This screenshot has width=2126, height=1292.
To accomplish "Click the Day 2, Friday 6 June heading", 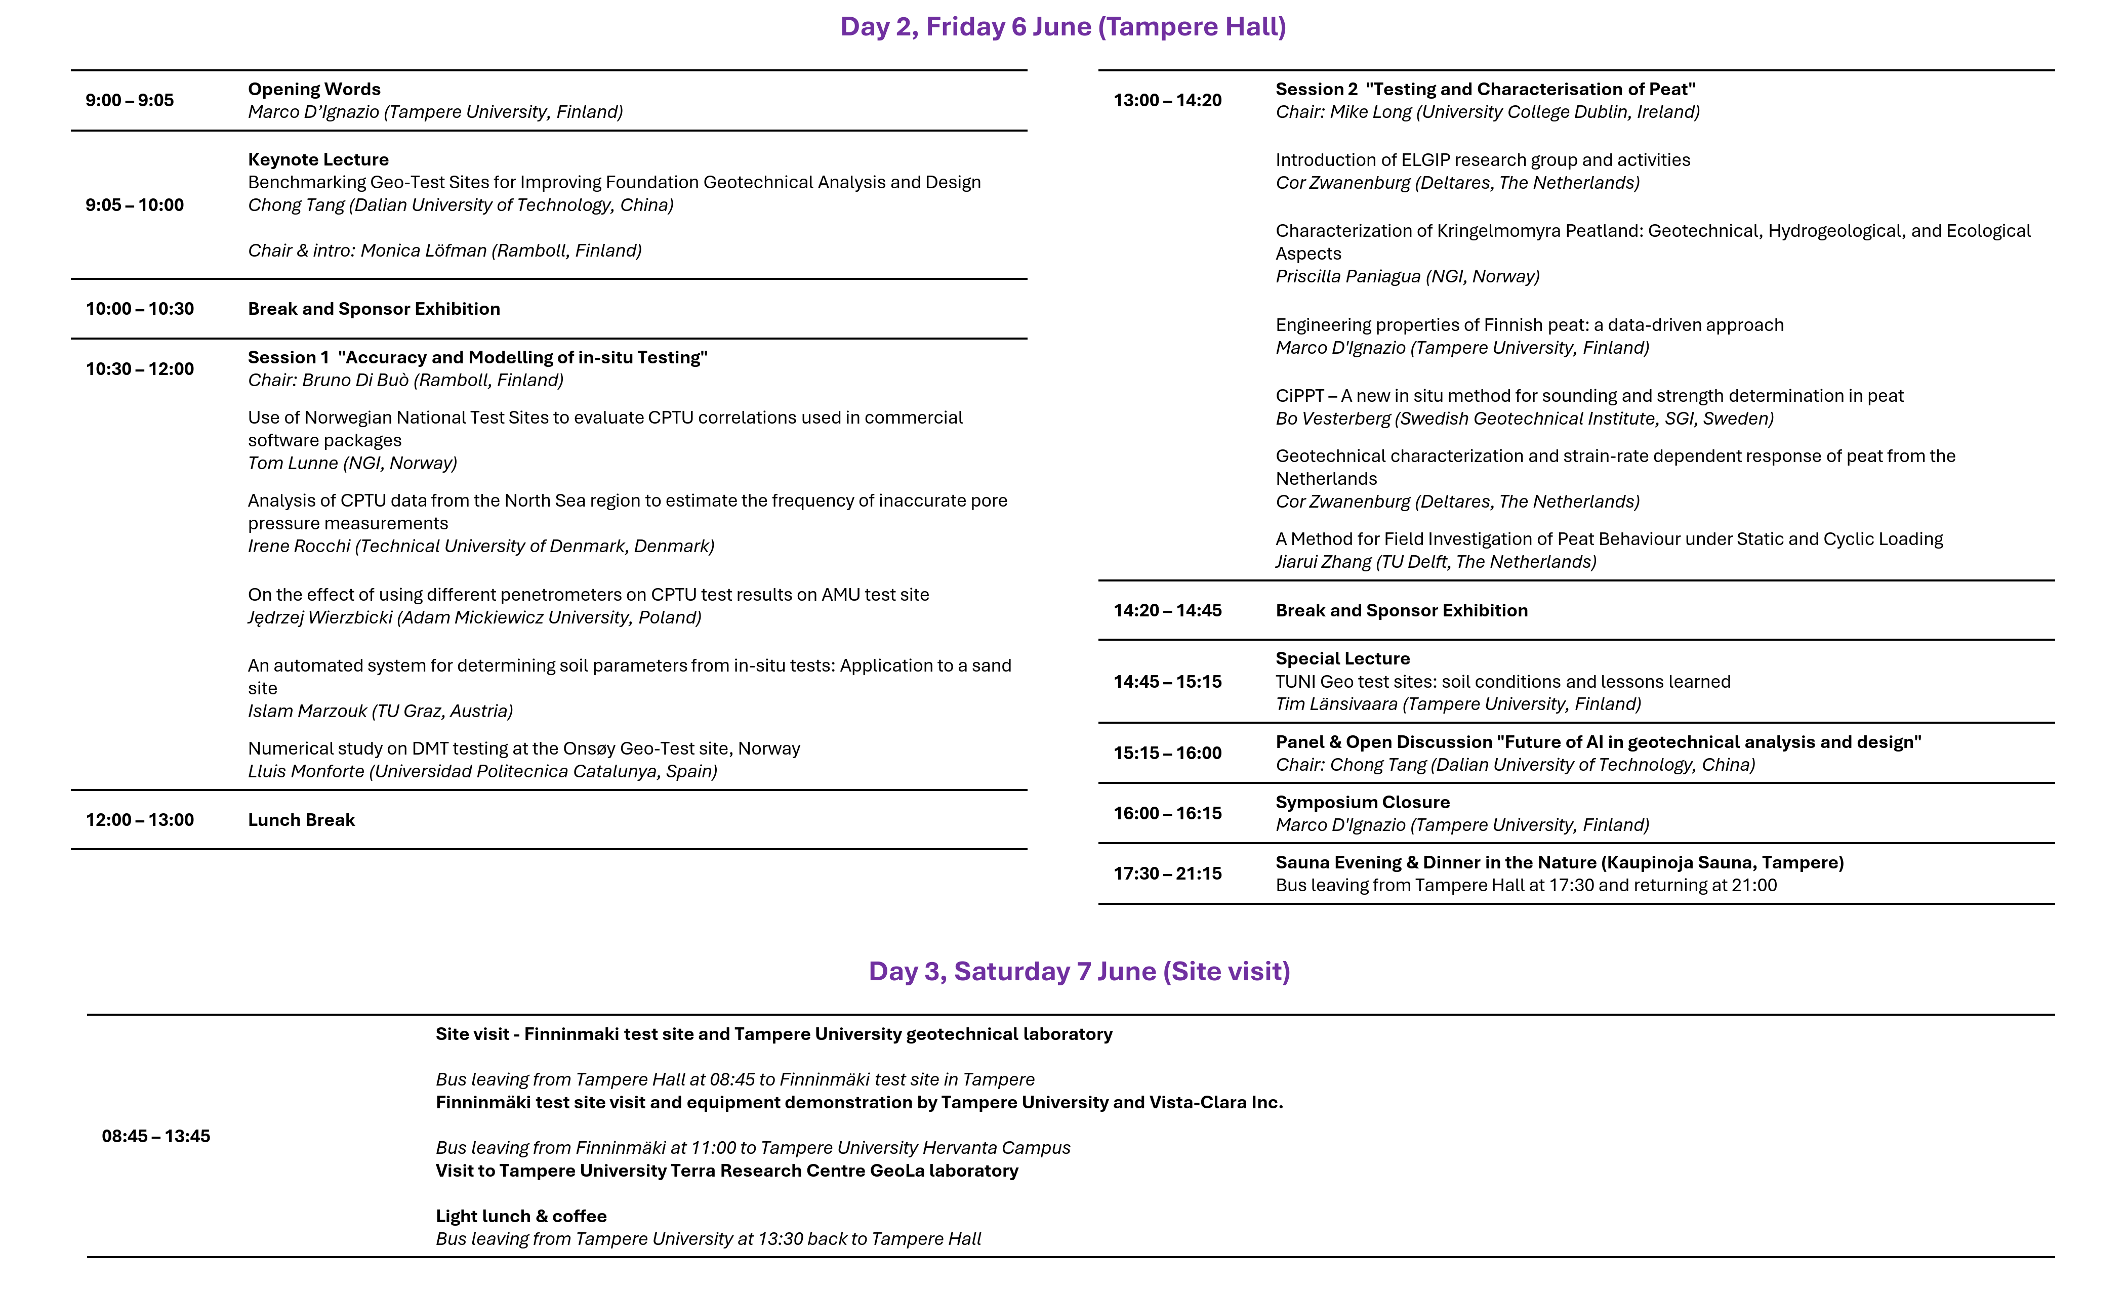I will click(x=1063, y=27).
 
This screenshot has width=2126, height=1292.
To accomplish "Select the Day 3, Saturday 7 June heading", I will click(x=1079, y=971).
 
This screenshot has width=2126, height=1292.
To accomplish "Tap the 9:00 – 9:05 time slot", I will click(x=130, y=100).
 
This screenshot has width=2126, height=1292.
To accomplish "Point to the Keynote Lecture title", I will click(x=318, y=159).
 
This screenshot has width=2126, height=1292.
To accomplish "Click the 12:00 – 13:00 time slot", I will click(x=140, y=819).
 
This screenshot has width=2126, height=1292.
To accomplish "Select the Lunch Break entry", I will click(x=301, y=819).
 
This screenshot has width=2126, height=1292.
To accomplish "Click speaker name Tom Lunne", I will click(x=352, y=463).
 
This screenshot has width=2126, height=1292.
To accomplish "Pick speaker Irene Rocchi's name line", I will click(x=480, y=546).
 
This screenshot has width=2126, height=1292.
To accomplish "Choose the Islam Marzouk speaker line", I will click(x=380, y=711).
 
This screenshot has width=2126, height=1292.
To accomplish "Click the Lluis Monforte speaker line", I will click(x=482, y=771).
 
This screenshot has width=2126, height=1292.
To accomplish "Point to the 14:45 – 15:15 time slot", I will click(x=1167, y=681).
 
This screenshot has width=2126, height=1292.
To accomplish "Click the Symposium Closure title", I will click(x=1362, y=802).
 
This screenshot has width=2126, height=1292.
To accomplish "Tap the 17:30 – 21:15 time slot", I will click(x=1167, y=873).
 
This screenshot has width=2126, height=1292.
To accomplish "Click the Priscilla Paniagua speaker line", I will click(x=1407, y=276).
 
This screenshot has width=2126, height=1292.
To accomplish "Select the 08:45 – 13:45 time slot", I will click(x=156, y=1136).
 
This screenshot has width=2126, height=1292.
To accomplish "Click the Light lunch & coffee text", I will click(x=521, y=1216).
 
